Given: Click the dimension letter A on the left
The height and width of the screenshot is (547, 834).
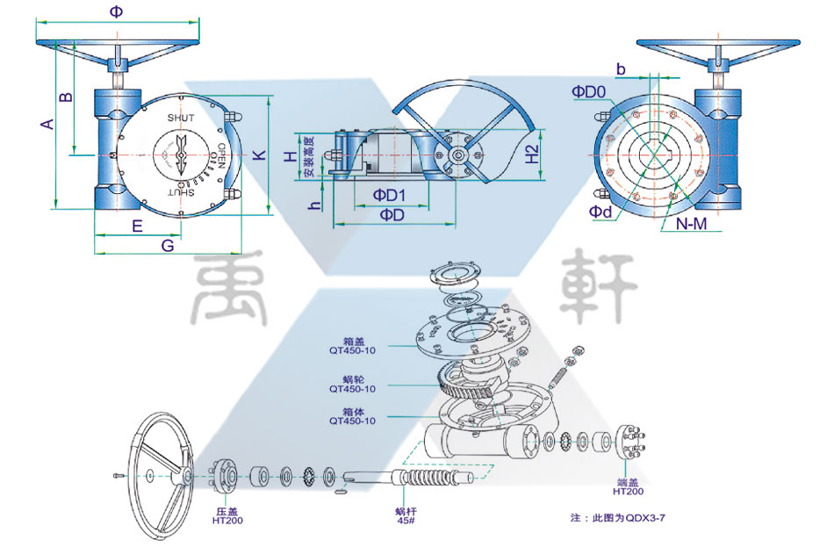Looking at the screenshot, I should [x=47, y=124].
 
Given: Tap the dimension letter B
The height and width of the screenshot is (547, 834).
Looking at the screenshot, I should [x=64, y=96].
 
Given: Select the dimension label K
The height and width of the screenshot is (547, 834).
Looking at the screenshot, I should [x=259, y=155].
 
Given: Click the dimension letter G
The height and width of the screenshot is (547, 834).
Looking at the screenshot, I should [x=167, y=247].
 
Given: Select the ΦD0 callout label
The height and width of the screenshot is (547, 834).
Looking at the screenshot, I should [x=589, y=91].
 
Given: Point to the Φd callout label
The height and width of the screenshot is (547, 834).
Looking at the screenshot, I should [x=600, y=212].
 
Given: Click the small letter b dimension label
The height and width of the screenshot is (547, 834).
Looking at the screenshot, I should [x=621, y=68].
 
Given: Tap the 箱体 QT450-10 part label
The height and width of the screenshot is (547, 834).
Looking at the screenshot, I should [x=352, y=415].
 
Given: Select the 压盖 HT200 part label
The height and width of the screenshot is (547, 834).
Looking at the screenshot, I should [x=226, y=515].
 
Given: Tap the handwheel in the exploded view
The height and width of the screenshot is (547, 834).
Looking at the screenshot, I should [x=161, y=475].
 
